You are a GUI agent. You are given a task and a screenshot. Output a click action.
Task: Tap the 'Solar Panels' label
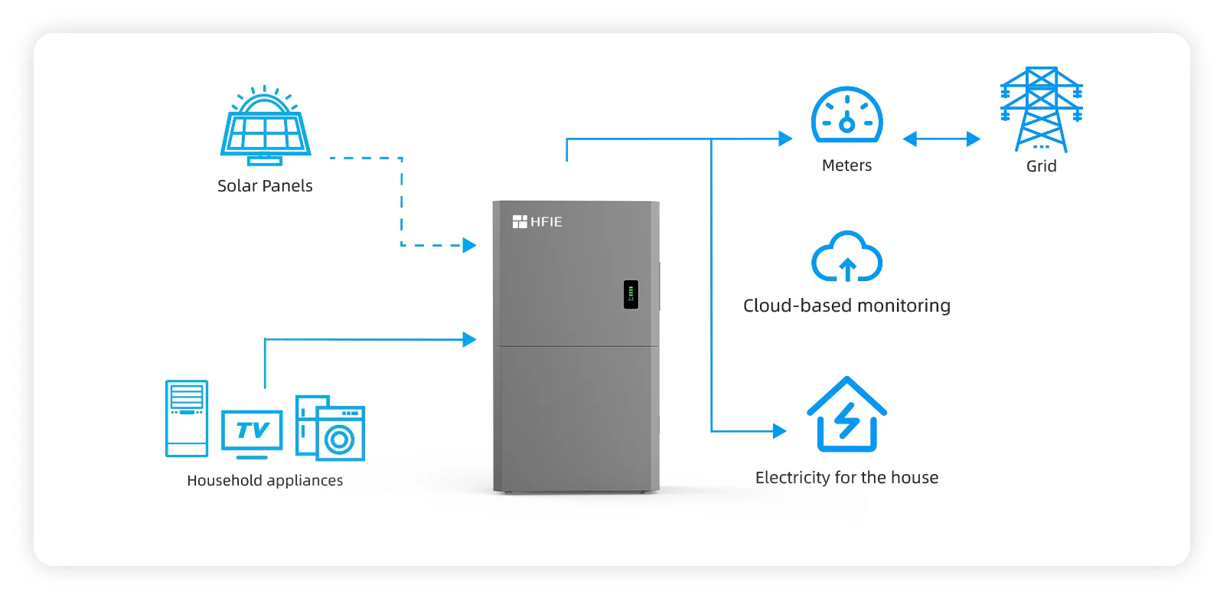tap(265, 186)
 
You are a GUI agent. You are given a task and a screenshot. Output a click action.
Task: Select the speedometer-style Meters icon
tap(846, 116)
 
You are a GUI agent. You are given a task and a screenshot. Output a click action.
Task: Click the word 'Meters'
tap(846, 165)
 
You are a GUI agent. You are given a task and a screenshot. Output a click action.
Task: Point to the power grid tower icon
tap(1041, 109)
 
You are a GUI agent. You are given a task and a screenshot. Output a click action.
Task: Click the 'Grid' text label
tap(1041, 166)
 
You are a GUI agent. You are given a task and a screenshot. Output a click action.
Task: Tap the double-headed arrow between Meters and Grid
tap(941, 139)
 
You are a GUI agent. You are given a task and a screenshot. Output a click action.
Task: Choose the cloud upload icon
tap(846, 257)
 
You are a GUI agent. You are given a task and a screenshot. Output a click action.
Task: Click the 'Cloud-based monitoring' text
tap(846, 306)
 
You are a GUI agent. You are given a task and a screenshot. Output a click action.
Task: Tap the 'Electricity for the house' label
tap(846, 478)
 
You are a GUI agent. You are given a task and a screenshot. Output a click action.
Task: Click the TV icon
tap(252, 433)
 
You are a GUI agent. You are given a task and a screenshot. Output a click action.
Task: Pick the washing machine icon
tap(338, 433)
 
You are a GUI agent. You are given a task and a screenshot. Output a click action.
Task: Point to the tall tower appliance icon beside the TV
tap(187, 418)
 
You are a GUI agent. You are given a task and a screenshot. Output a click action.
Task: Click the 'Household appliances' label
tap(265, 481)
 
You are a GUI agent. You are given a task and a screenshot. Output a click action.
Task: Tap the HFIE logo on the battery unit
tap(537, 222)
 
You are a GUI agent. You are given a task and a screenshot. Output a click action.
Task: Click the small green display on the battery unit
tap(631, 294)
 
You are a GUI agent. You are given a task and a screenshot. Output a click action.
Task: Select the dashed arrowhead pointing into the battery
tap(469, 245)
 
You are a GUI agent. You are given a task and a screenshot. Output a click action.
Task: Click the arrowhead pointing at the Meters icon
tap(785, 139)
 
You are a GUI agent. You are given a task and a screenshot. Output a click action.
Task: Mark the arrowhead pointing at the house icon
tap(780, 431)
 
